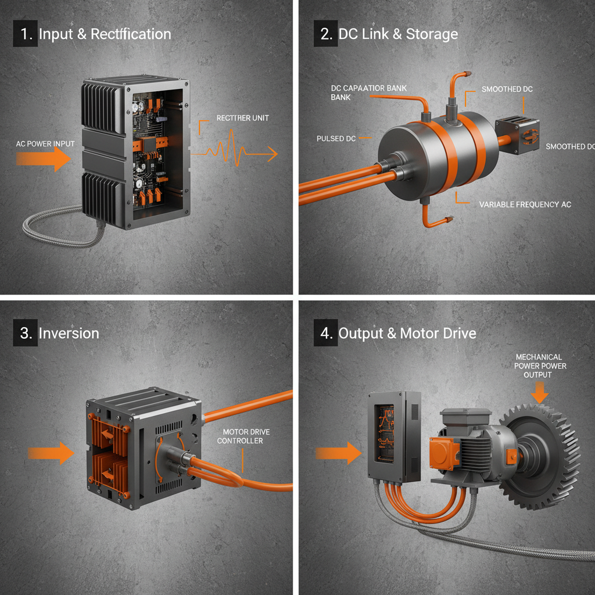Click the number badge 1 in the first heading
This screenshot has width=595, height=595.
(25, 34)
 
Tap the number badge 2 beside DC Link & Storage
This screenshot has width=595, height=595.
(325, 34)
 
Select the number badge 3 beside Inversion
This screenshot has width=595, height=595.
(25, 333)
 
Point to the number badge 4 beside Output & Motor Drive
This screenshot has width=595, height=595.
(325, 333)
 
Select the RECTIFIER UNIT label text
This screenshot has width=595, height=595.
(242, 118)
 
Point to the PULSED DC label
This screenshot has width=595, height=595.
(336, 139)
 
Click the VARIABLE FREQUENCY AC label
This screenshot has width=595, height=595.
(525, 205)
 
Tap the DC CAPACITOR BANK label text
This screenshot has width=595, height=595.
(368, 92)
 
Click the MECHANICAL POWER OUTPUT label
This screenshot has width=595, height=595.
(540, 366)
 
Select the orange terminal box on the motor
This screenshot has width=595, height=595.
(445, 453)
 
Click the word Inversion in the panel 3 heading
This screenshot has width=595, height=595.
(69, 333)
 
